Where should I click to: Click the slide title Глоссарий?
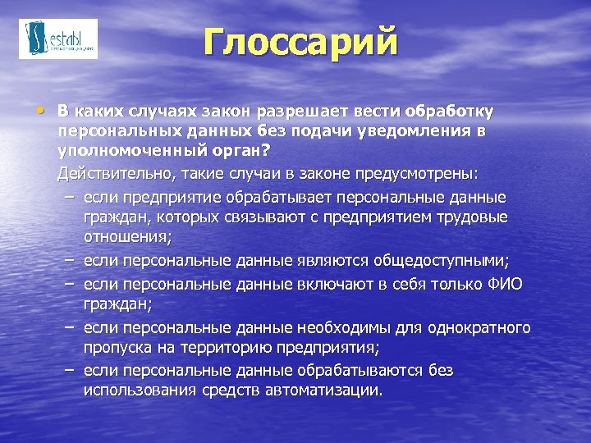(x=300, y=42)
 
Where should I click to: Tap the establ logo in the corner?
(x=58, y=39)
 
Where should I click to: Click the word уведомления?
(x=424, y=131)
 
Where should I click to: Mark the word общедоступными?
(x=441, y=261)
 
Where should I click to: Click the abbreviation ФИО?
(x=505, y=283)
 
